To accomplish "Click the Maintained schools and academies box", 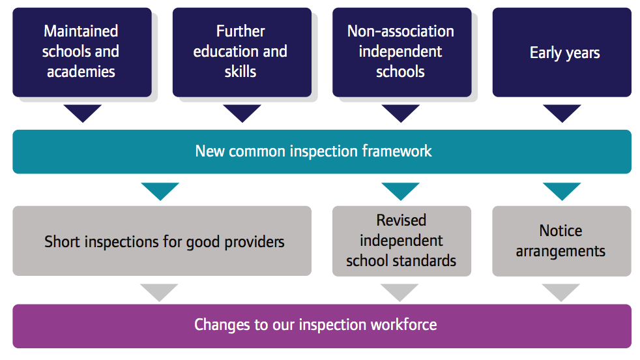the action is (82, 52).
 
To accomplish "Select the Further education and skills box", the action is (242, 52).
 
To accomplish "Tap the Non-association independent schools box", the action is (402, 52).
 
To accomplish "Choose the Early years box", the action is (562, 52).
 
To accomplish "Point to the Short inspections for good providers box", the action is (162, 241).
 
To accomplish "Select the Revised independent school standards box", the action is (401, 241).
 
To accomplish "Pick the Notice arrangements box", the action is (562, 241).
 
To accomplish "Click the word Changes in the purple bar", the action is (222, 325).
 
